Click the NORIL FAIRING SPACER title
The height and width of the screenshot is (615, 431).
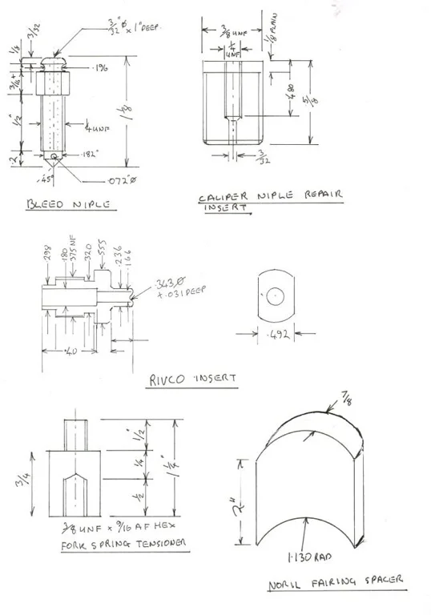336,582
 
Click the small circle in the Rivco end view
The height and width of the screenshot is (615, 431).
274,295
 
